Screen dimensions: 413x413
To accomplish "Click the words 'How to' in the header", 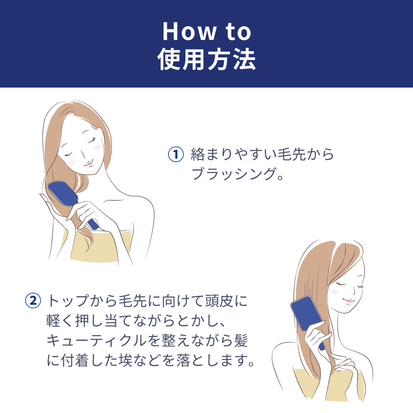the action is (207, 32).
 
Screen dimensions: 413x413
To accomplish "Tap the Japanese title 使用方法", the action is (207, 59).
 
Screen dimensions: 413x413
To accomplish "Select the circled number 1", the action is (176, 154).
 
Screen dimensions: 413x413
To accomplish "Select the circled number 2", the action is (33, 301).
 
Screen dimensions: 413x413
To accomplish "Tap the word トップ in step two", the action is (69, 301).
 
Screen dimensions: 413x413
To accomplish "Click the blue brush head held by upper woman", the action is (63, 195).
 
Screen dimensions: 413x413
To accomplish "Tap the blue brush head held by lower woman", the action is (306, 313).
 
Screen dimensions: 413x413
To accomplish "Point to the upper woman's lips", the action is (88, 164).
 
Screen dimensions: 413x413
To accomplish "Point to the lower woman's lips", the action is (349, 301).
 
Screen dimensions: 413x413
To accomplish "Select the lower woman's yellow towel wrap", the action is (329, 385).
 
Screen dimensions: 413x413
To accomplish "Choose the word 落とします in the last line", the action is (211, 360).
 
